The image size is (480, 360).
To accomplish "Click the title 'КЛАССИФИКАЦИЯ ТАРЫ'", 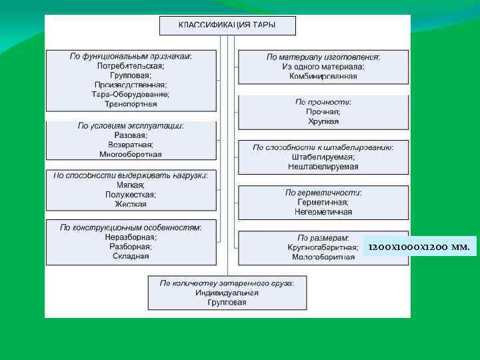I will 227,25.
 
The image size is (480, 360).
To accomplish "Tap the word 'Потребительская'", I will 131,66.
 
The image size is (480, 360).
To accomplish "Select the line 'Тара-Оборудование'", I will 131,95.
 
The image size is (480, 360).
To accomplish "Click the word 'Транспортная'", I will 131,104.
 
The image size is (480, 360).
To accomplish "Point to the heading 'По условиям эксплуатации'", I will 131,125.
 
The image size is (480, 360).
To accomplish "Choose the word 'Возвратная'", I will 131,145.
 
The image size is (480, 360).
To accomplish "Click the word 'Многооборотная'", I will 131,154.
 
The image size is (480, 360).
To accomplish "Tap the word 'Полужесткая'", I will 131,195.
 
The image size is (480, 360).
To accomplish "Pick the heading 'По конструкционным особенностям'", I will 131,227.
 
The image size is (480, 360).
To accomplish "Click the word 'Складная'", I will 131,255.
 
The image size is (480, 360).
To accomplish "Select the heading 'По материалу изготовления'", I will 323,57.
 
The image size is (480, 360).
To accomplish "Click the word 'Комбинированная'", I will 323,76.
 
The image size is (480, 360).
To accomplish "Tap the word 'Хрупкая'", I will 323,121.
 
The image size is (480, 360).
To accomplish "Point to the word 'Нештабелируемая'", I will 323,166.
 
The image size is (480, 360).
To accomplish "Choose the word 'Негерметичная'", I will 323,211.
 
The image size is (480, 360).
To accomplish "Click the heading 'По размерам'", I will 323,238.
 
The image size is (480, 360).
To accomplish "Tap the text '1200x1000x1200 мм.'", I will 419,247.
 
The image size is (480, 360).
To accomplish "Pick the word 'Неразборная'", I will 131,237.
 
